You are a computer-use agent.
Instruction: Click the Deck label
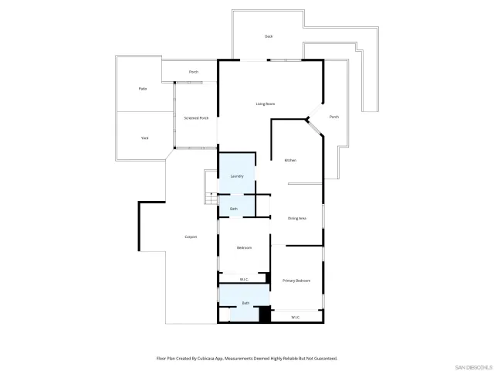pyautogui.click(x=269, y=36)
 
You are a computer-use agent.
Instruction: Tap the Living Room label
pyautogui.click(x=266, y=104)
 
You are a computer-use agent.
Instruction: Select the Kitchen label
pyautogui.click(x=290, y=160)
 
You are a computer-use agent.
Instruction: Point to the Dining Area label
pyautogui.click(x=297, y=219)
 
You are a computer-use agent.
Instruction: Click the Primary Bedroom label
pyautogui.click(x=296, y=281)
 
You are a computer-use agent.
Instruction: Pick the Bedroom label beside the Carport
pyautogui.click(x=244, y=247)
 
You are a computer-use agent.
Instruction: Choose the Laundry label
pyautogui.click(x=237, y=176)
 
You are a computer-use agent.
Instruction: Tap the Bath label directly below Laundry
pyautogui.click(x=234, y=209)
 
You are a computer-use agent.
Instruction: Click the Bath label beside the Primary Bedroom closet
pyautogui.click(x=245, y=303)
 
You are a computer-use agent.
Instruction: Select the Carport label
pyautogui.click(x=191, y=237)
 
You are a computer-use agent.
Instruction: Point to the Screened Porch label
pyautogui.click(x=196, y=118)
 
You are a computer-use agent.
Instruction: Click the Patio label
pyautogui.click(x=143, y=89)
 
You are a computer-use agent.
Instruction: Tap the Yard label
pyautogui.click(x=144, y=138)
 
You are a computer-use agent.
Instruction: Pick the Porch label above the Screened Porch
pyautogui.click(x=194, y=72)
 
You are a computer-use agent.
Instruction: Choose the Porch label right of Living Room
pyautogui.click(x=334, y=117)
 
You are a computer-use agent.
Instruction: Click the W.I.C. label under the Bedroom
pyautogui.click(x=244, y=279)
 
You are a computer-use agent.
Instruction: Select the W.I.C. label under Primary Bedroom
pyautogui.click(x=296, y=318)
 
